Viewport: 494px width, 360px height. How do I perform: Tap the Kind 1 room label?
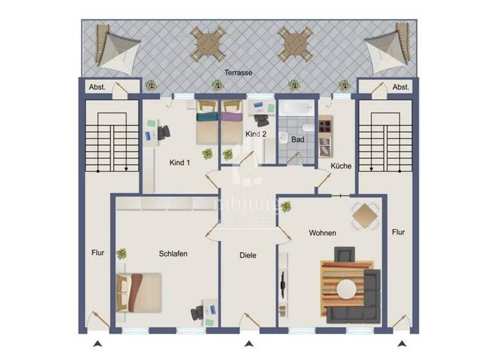(180, 162)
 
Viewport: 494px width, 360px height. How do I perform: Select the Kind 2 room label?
(255, 134)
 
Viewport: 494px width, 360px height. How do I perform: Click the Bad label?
(297, 139)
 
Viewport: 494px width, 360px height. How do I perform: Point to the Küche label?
(341, 166)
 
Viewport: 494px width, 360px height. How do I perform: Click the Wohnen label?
(322, 233)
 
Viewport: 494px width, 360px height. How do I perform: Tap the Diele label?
(248, 255)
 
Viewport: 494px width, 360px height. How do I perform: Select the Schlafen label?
(173, 254)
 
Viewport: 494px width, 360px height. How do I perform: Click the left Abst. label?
(97, 87)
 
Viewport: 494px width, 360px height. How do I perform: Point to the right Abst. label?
(401, 87)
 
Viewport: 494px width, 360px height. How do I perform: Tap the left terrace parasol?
(116, 46)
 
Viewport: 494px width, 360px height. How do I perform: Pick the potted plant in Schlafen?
(121, 254)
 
